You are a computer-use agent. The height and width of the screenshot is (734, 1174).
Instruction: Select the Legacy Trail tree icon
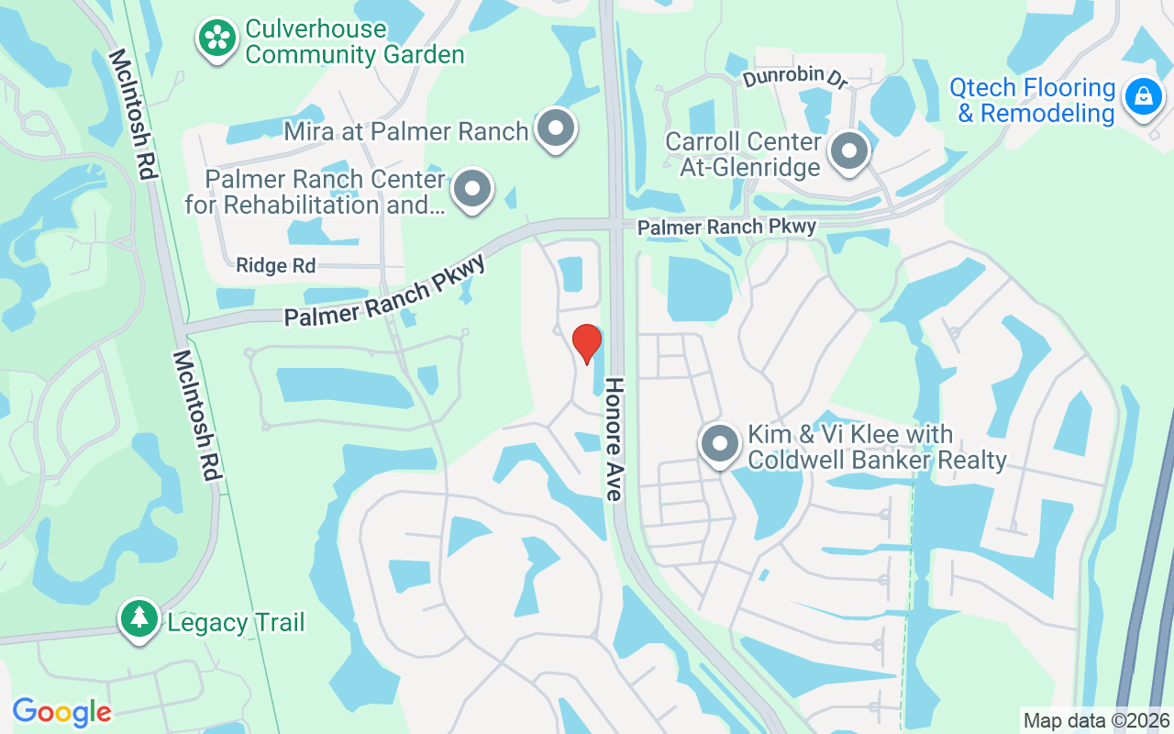click(139, 618)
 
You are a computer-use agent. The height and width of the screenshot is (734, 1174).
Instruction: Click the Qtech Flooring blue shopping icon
click(1143, 95)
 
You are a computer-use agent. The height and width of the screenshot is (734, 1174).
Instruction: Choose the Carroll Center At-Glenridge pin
click(848, 150)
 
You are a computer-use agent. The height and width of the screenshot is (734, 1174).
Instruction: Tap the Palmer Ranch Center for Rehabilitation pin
click(472, 189)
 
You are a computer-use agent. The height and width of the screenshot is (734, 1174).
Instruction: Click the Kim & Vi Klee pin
click(720, 444)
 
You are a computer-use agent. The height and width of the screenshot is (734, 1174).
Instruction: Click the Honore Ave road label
click(613, 439)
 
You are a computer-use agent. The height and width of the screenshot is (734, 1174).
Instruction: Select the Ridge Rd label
click(275, 266)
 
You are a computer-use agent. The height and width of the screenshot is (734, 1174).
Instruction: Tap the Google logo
click(61, 712)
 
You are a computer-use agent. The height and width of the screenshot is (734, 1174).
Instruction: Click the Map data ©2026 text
click(1096, 720)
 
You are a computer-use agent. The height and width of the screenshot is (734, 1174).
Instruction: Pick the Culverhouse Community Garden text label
click(354, 42)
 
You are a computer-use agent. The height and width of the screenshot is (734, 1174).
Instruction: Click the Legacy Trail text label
click(236, 623)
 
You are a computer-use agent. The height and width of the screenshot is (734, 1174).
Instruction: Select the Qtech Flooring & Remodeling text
click(1033, 101)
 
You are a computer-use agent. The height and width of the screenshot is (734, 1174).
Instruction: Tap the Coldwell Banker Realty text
click(877, 460)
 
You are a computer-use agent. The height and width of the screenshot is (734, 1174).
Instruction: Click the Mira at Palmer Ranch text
click(406, 131)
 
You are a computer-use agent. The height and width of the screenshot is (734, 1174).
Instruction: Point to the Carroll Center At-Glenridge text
click(743, 154)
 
